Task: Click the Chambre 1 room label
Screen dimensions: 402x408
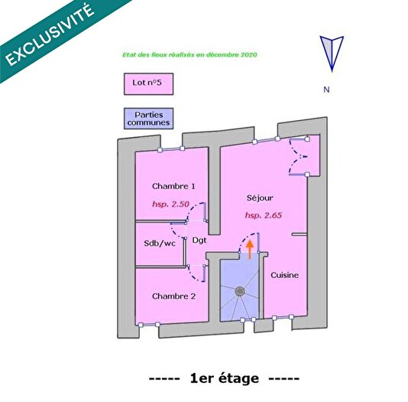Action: [x=173, y=186]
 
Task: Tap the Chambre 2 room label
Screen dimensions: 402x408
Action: [x=173, y=296]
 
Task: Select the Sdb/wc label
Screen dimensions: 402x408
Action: [x=159, y=243]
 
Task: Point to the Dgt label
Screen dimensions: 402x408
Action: [x=199, y=240]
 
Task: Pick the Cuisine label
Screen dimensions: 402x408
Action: [x=284, y=275]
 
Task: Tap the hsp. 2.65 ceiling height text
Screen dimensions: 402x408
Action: [x=264, y=216]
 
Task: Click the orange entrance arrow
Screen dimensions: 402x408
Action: [x=249, y=248]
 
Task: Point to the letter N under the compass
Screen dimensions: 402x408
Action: [x=326, y=90]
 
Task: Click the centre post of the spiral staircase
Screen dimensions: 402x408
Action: [x=239, y=292]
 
